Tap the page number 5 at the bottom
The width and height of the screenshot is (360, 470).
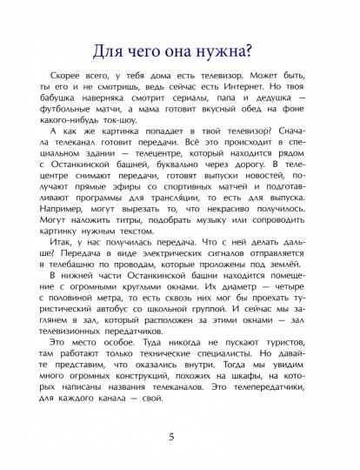click(180, 436)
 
